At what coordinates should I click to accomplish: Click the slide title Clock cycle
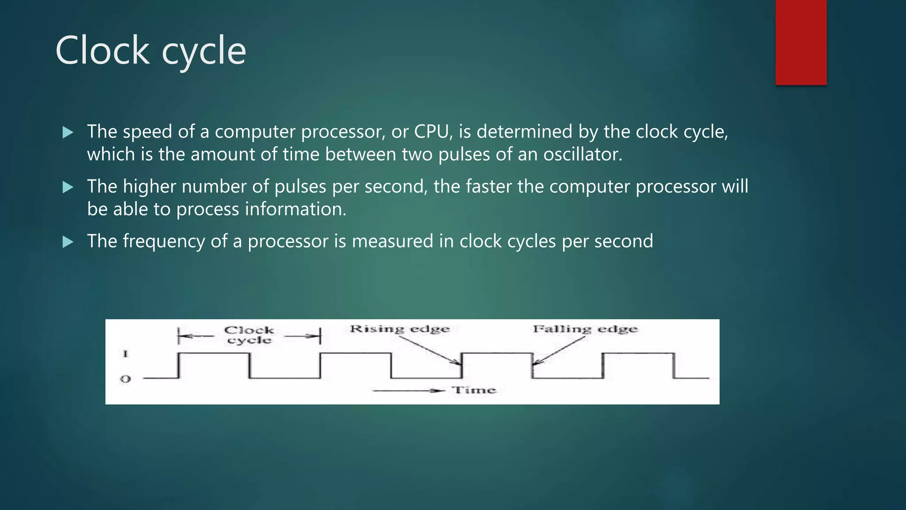[x=150, y=51]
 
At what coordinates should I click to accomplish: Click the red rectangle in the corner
[x=801, y=42]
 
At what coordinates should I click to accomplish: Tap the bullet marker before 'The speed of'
[x=68, y=132]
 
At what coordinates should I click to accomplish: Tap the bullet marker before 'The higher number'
[x=68, y=187]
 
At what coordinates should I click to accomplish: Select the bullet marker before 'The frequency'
[x=68, y=242]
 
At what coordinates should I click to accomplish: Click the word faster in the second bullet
[x=488, y=187]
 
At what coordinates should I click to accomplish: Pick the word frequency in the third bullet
[x=164, y=242]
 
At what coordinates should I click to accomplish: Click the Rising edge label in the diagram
[x=399, y=329]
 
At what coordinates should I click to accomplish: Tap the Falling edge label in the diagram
[x=585, y=329]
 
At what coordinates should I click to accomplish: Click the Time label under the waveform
[x=474, y=390]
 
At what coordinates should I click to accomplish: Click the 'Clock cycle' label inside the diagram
[x=249, y=335]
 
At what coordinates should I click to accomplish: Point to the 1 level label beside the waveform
[x=126, y=354]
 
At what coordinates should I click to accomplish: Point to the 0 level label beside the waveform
[x=126, y=379]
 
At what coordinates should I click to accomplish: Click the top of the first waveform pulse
[x=214, y=353]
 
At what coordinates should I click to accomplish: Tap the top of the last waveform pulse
[x=638, y=353]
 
